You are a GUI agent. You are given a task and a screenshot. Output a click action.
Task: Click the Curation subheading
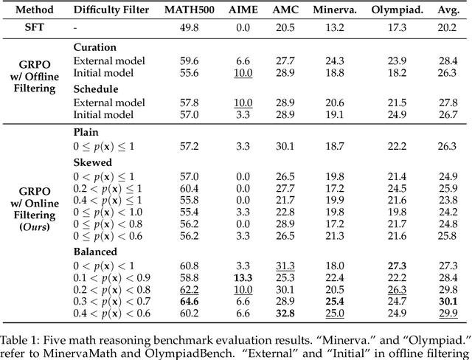[95, 46]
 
